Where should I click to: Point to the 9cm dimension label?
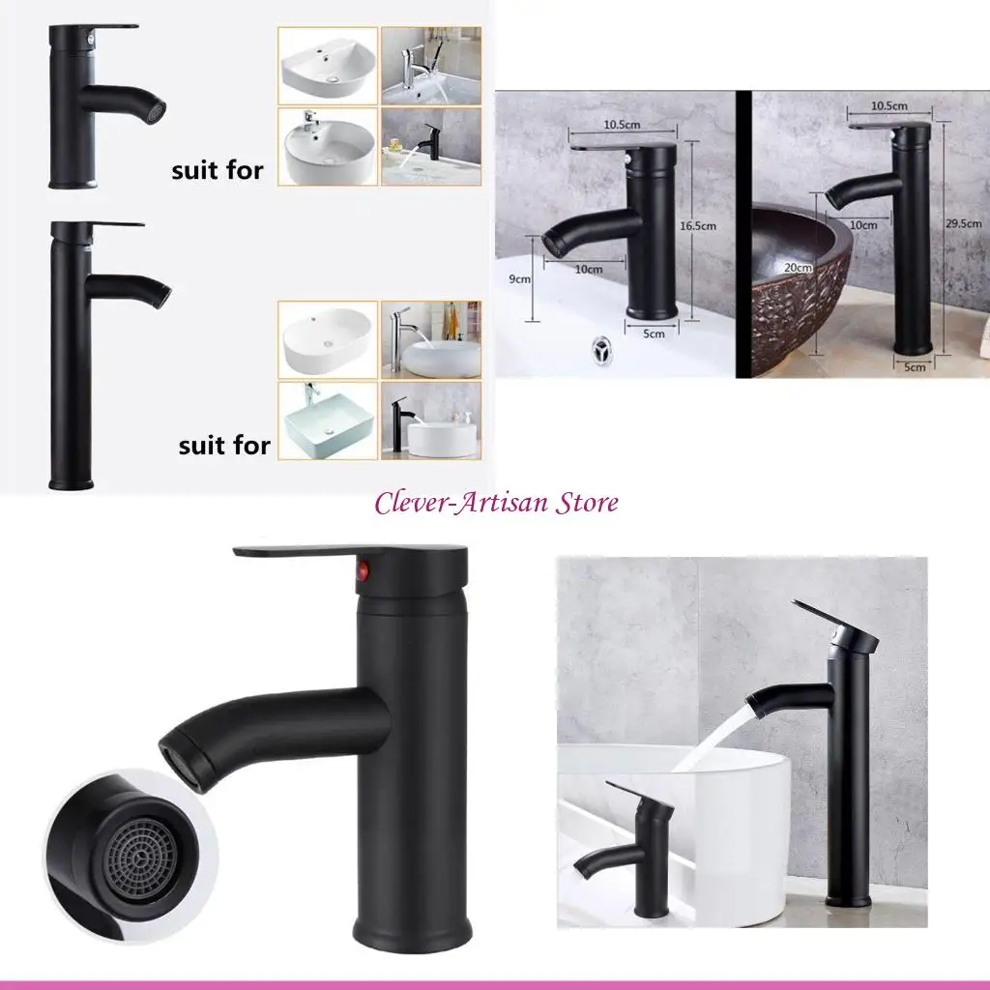tap(520, 279)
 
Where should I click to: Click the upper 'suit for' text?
tap(218, 172)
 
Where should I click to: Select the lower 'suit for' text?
tap(224, 446)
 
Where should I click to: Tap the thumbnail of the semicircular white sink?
tap(327, 66)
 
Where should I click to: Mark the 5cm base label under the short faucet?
tap(654, 335)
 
